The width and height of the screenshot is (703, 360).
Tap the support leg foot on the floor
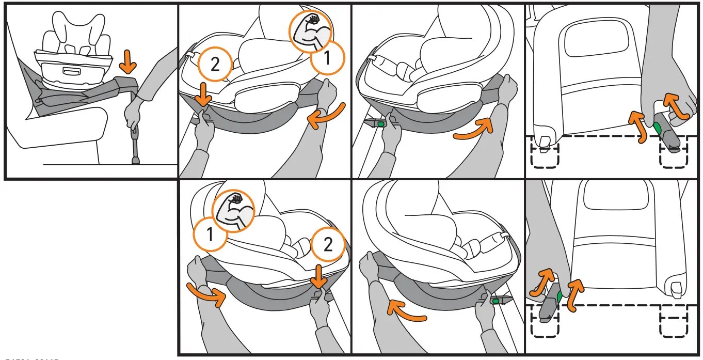tap(136, 161)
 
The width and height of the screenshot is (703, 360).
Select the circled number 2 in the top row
tap(215, 65)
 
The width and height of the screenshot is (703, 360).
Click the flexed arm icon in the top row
tap(308, 32)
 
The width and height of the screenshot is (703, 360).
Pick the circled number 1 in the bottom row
tap(210, 234)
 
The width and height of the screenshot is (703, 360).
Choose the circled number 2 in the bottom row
tap(328, 245)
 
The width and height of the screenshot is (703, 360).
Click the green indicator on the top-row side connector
tap(380, 124)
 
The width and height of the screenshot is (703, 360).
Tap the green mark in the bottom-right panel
tap(560, 296)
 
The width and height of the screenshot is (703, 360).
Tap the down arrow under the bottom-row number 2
tap(318, 277)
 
